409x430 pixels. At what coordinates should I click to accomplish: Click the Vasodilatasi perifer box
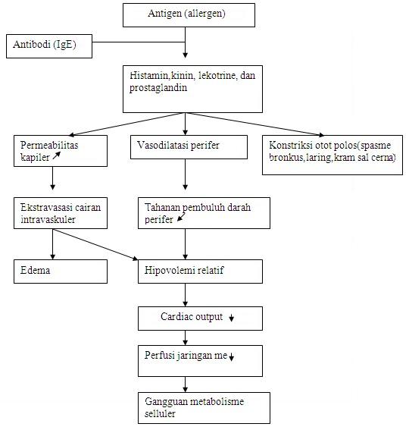point(192,146)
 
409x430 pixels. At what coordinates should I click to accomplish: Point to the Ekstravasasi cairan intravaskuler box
point(60,213)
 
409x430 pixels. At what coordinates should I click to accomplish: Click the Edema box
point(60,271)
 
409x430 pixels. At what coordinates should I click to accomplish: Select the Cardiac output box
point(200,317)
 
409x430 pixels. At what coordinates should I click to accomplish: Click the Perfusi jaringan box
point(200,360)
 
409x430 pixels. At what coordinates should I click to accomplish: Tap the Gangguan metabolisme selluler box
point(204,406)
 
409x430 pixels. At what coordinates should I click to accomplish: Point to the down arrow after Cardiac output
point(232,318)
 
